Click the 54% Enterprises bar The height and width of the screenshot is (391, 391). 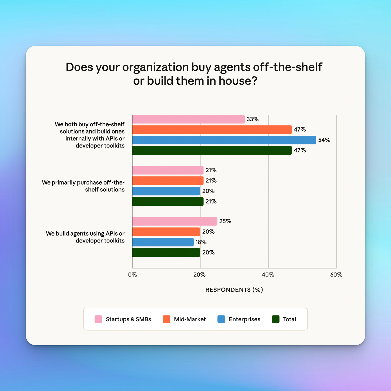tap(224, 140)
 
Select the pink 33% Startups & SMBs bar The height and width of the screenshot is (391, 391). tap(188, 119)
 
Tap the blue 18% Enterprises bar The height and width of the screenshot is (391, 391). tap(163, 242)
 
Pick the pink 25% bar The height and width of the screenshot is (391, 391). tap(175, 221)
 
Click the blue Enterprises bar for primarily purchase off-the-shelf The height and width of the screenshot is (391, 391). tap(166, 191)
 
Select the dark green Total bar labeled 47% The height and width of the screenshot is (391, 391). tap(212, 150)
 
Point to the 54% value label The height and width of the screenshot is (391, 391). tap(324, 140)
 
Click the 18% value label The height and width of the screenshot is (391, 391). tap(201, 242)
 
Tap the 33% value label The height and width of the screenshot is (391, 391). tap(252, 119)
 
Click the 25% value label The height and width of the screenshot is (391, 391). tap(225, 221)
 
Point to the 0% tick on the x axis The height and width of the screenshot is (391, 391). tap(132, 275)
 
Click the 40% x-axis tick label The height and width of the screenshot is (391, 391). tap(268, 275)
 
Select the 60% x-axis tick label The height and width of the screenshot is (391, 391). tap(336, 275)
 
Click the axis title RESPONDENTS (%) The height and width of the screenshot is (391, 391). tap(234, 290)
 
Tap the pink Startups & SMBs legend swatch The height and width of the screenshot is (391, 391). tap(98, 319)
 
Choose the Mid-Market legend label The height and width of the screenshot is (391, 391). tap(190, 319)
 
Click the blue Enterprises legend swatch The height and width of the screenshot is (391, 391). tap(221, 319)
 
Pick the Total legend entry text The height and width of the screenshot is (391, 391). tap(290, 319)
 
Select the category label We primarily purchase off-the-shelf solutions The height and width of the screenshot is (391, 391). tap(83, 186)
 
